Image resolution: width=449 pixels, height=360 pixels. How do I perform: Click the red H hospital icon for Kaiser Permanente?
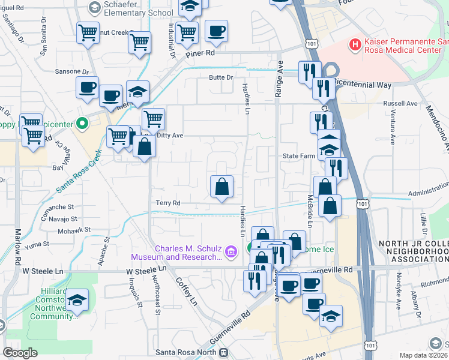(355, 44)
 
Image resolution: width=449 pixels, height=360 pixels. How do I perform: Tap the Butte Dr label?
(220, 77)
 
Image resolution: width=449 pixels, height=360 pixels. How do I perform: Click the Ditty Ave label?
(169, 136)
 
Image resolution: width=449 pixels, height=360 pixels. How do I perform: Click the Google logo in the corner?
(20, 353)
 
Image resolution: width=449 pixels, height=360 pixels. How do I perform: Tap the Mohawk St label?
(74, 229)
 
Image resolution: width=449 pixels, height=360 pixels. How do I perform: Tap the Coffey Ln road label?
(185, 292)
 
